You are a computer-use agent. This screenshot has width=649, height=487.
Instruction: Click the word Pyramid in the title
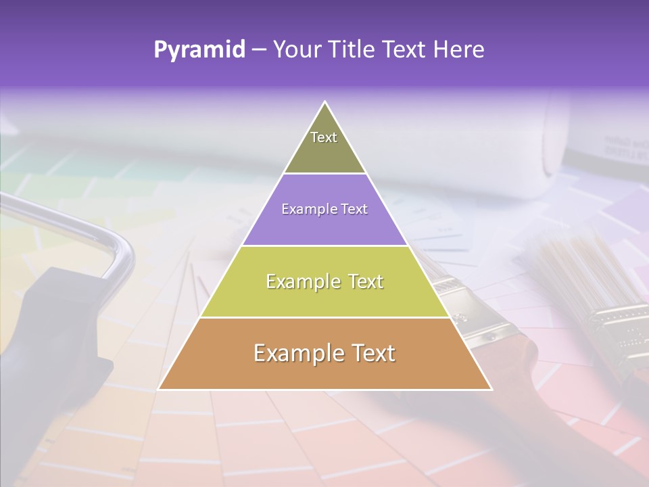point(199,50)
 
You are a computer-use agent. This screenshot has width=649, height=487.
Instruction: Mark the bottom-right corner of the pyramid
point(491,389)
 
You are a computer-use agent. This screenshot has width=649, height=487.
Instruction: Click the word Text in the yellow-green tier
point(361,281)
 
